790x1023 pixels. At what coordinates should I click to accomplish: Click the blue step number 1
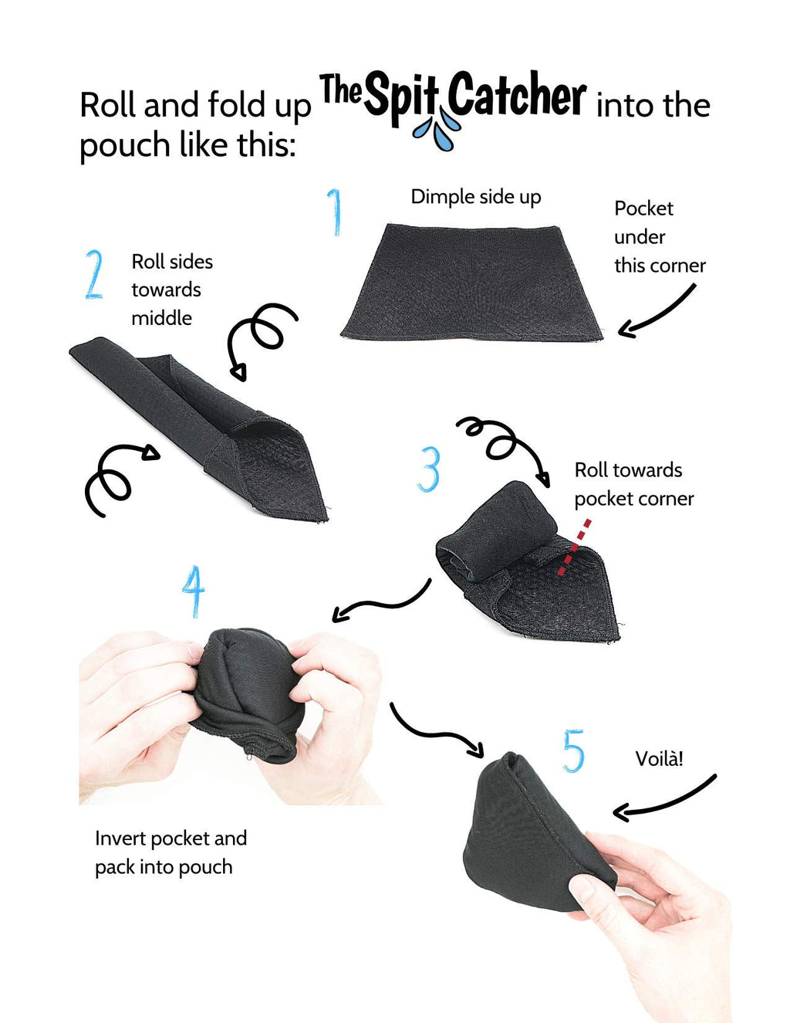click(x=335, y=212)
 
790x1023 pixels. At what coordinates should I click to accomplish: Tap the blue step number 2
click(x=94, y=274)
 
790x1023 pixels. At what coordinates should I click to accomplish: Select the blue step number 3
click(x=428, y=469)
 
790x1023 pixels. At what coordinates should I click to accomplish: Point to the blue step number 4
click(x=194, y=591)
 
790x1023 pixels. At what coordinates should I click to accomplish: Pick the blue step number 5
click(x=573, y=751)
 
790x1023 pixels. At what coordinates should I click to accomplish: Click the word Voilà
click(x=659, y=758)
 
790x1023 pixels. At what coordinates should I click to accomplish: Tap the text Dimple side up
click(x=476, y=197)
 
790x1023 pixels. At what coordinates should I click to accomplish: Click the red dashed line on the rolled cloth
click(x=574, y=547)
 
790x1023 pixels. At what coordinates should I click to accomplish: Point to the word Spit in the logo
click(x=403, y=100)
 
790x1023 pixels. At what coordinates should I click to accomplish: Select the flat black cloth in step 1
click(x=471, y=282)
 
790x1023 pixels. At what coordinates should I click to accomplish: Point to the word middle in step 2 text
click(x=162, y=318)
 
